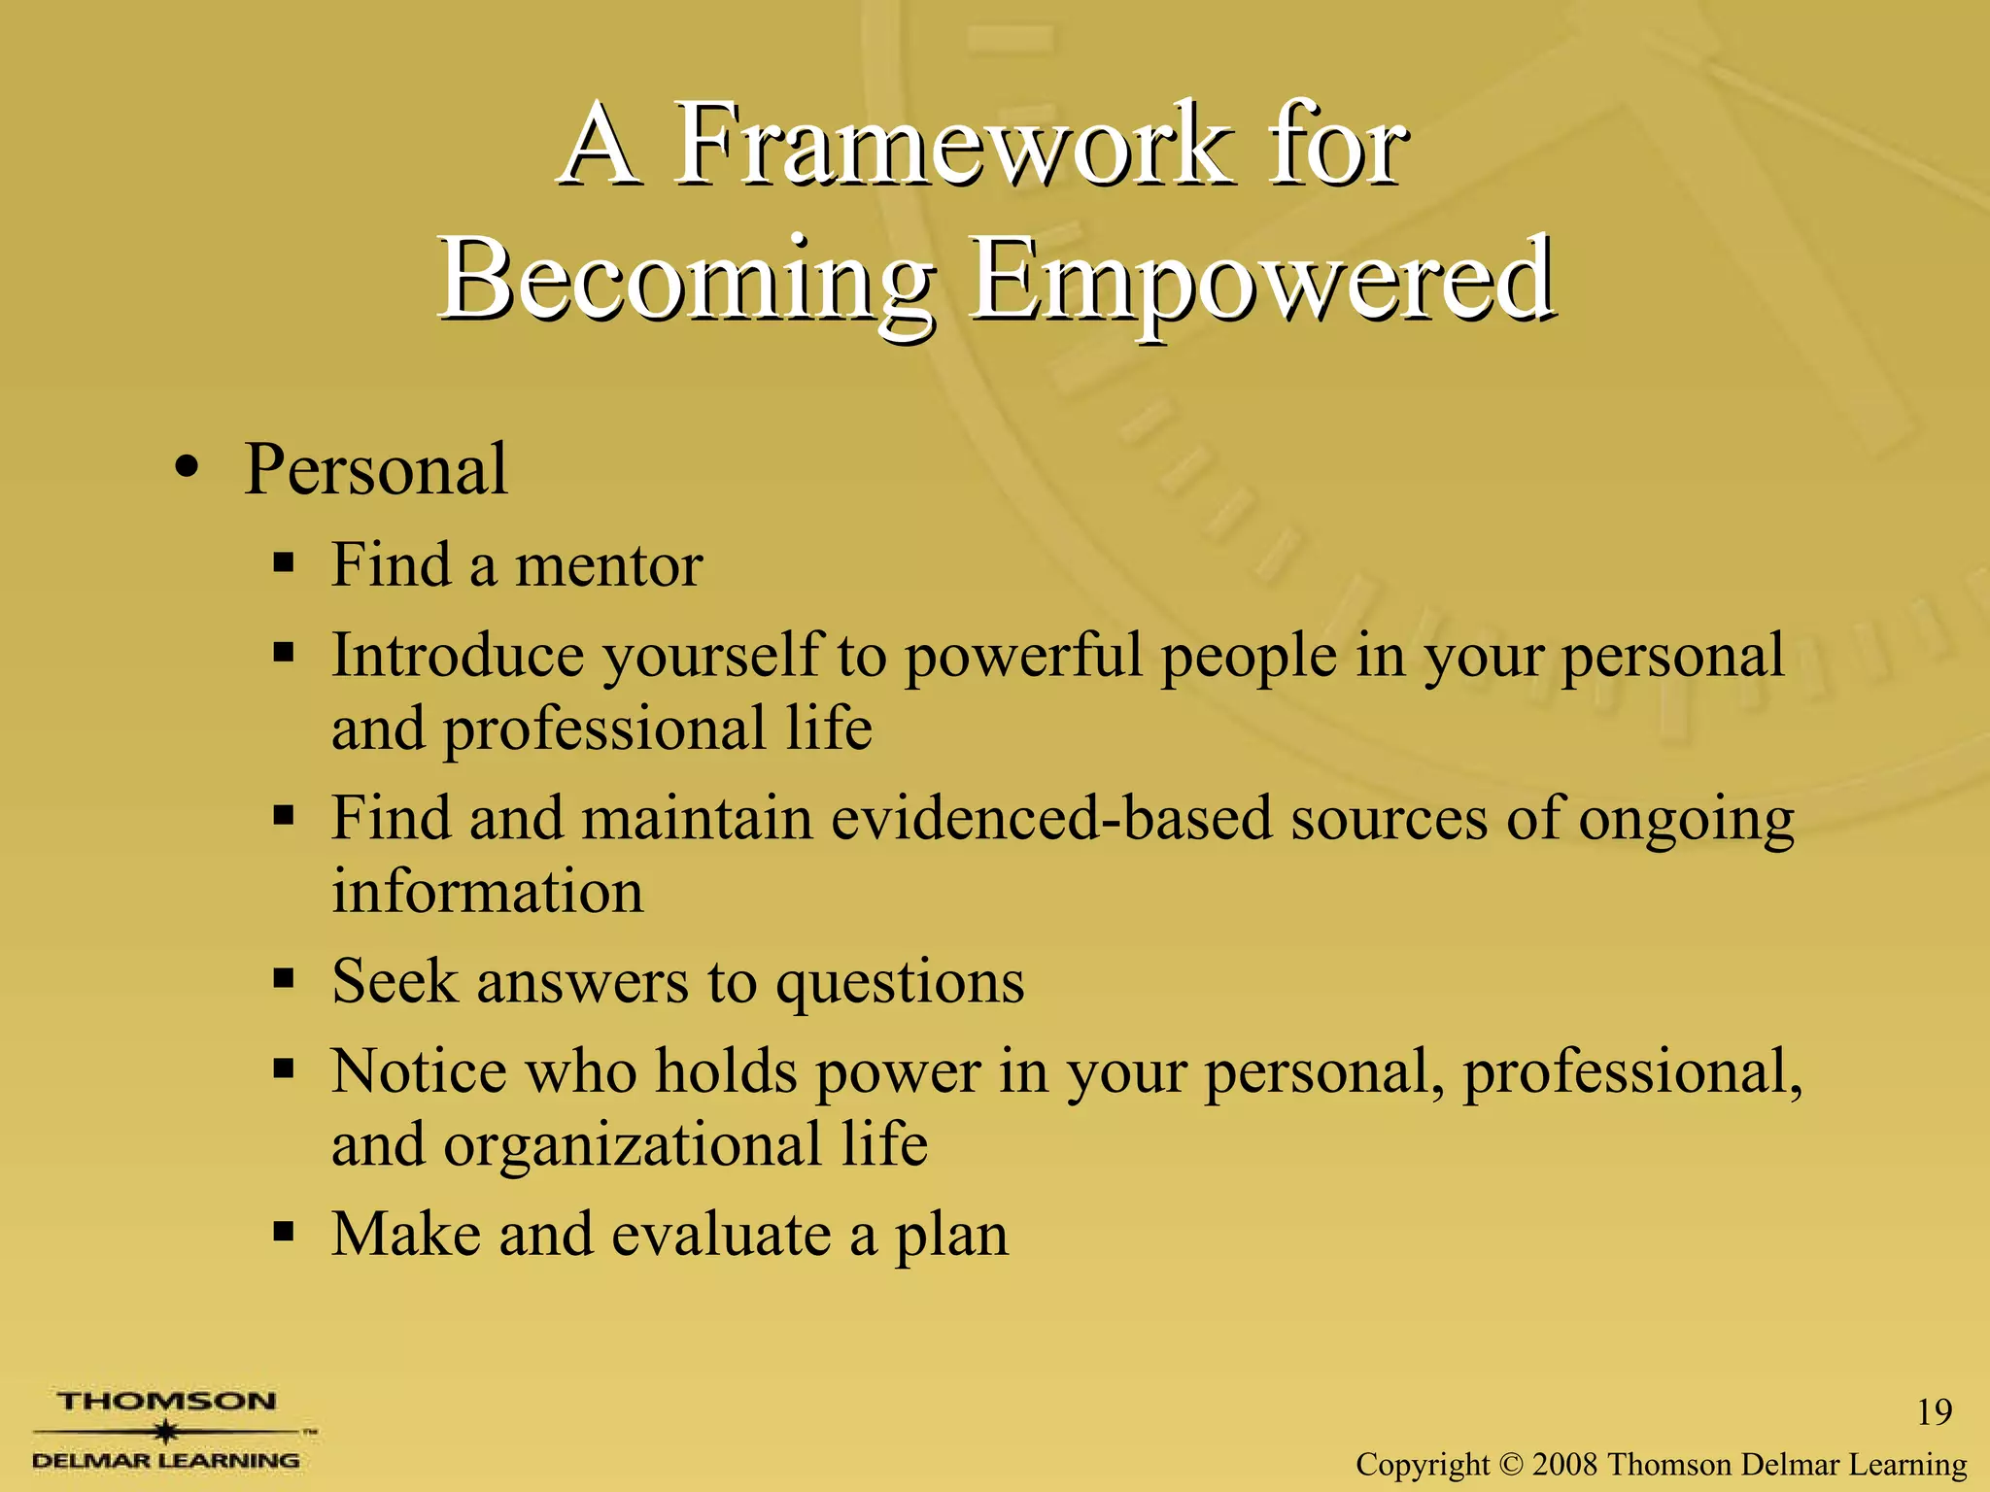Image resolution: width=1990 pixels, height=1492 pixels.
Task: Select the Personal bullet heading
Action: click(x=375, y=470)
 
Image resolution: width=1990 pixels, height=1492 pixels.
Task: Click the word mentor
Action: click(x=608, y=565)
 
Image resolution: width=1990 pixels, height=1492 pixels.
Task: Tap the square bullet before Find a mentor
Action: click(x=283, y=562)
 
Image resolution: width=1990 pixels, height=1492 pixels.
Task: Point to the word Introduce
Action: click(x=458, y=655)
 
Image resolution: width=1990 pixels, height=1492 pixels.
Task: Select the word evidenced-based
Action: click(x=1050, y=818)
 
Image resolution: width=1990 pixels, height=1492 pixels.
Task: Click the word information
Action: click(x=487, y=892)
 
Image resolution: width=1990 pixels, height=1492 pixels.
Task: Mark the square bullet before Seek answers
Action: click(x=283, y=978)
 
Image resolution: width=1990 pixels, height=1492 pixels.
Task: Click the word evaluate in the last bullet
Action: click(x=721, y=1236)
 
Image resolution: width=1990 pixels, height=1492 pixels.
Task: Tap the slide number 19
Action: click(x=1934, y=1412)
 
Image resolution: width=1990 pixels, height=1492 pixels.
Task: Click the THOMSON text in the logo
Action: click(x=166, y=1402)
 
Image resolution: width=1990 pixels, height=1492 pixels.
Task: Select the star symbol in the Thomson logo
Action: click(x=167, y=1432)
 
